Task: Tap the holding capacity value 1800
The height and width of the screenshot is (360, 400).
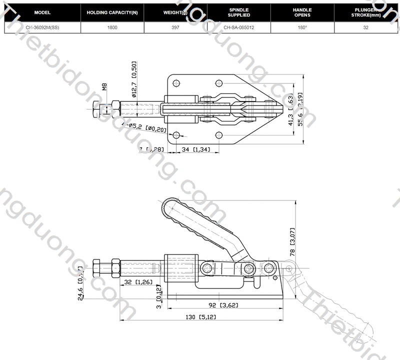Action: point(112,28)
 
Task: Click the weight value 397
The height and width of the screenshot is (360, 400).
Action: point(175,28)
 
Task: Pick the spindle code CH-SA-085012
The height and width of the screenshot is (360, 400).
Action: point(238,28)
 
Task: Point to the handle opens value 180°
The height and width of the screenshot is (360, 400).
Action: point(302,28)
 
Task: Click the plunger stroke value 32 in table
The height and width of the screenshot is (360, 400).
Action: point(366,28)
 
